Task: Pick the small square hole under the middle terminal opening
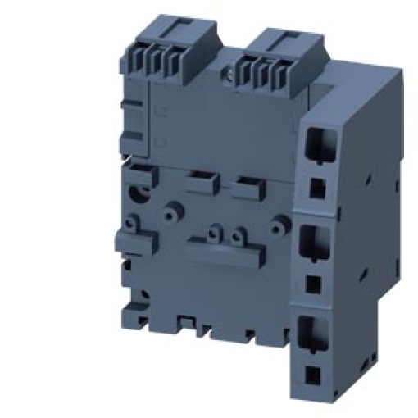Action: click(x=314, y=283)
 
